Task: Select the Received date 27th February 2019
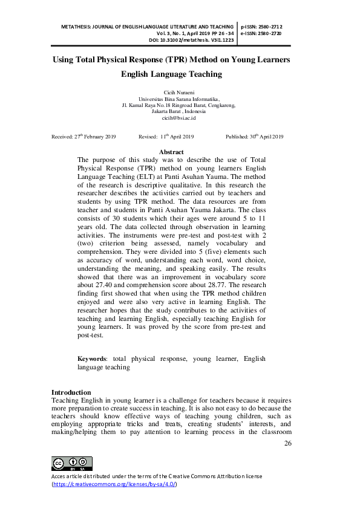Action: [83, 137]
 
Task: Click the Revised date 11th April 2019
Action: [166, 137]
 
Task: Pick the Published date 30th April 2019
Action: [254, 137]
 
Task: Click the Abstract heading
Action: [171, 152]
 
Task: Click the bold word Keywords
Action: [93, 358]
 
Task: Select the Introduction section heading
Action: [71, 392]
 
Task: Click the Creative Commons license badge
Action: [72, 464]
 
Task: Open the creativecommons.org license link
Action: [115, 484]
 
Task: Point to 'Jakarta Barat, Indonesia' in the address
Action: [179, 112]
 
